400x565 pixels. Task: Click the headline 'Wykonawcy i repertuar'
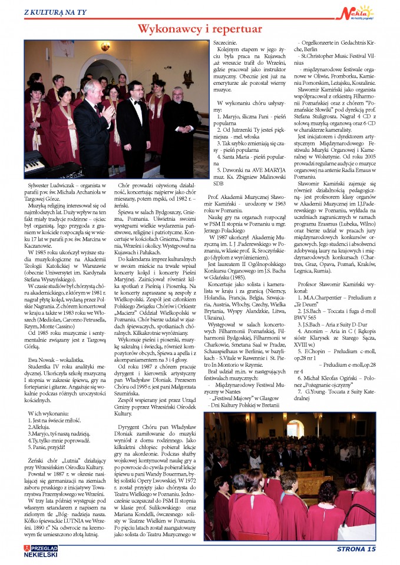coord(200,29)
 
